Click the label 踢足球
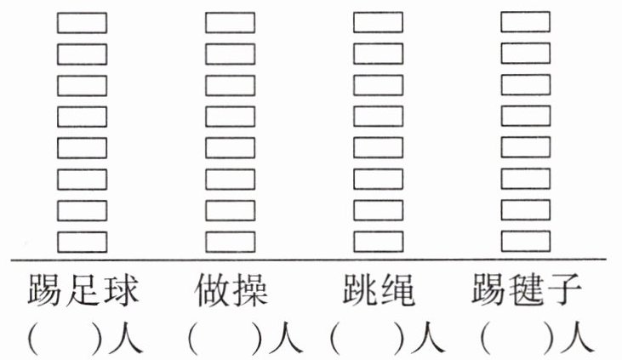[83, 292]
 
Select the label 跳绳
[379, 292]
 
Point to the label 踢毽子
[527, 292]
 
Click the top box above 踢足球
[83, 22]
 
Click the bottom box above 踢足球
[83, 242]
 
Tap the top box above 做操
[231, 22]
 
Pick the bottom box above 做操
[231, 242]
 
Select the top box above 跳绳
[379, 22]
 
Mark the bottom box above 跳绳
[379, 242]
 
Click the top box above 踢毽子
[526, 22]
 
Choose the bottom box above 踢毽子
[526, 242]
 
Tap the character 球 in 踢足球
[121, 292]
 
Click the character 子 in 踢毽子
[565, 292]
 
